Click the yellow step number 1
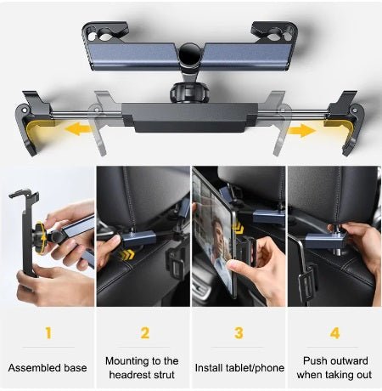(48, 332)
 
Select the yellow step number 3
(239, 332)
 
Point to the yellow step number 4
(335, 332)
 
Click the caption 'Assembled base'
(48, 368)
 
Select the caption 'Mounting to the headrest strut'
(143, 367)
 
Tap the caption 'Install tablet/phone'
(239, 368)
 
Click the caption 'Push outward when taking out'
(335, 367)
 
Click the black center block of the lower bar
(190, 117)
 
